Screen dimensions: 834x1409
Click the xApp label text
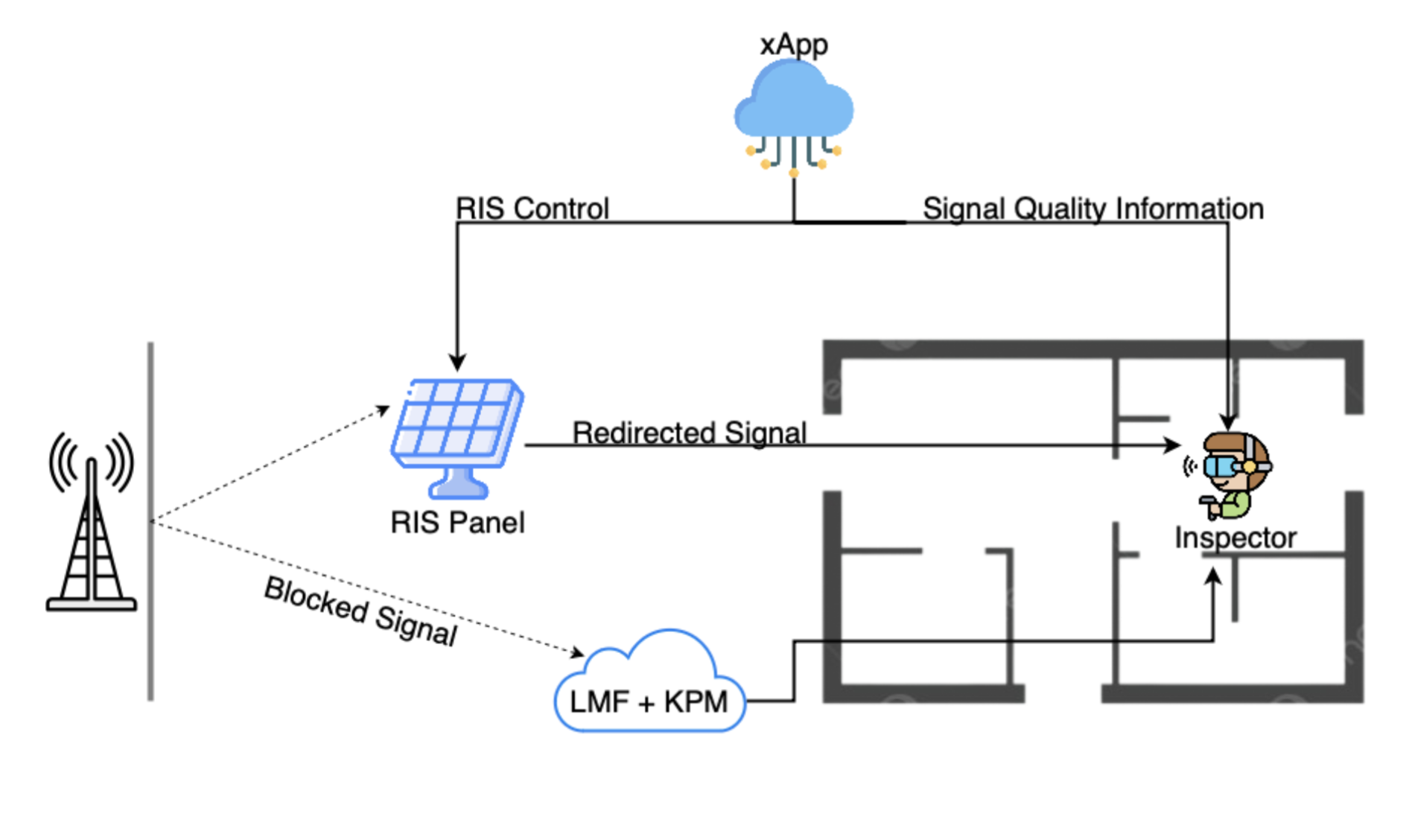click(793, 44)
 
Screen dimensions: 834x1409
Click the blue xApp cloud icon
click(793, 104)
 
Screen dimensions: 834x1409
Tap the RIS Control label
click(532, 208)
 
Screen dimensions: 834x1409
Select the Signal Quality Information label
click(1092, 208)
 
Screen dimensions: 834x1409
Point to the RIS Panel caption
click(457, 523)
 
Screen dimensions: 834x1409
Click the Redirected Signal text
click(689, 432)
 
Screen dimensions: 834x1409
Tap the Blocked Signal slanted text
click(360, 611)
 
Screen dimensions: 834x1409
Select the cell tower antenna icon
click(91, 521)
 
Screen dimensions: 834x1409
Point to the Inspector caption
click(1235, 538)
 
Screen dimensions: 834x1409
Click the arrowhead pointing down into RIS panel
click(457, 363)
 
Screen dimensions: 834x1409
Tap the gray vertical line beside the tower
click(150, 521)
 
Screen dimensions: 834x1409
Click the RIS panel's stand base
click(458, 489)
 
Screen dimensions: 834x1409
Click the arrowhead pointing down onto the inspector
click(1228, 422)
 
